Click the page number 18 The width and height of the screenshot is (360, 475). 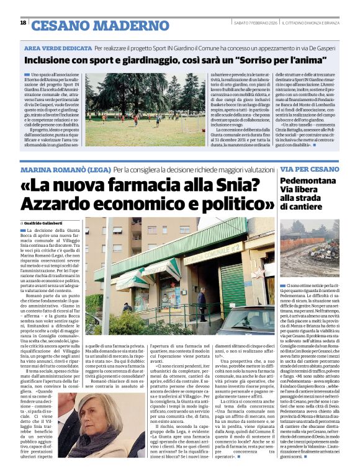click(23, 22)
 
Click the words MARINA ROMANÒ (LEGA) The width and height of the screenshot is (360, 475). click(65, 169)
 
